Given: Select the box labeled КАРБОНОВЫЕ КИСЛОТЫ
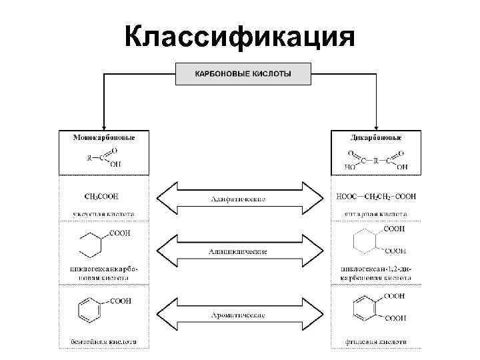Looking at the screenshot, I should click(243, 73).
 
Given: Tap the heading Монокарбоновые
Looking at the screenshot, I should click(103, 137).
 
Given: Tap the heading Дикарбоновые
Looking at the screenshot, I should click(376, 137).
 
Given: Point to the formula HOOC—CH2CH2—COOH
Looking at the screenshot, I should click(376, 197).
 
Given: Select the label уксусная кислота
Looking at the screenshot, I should click(103, 215).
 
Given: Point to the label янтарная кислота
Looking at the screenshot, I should click(376, 215).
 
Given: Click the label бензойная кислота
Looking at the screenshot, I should click(103, 341).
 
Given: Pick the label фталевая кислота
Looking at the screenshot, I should click(376, 341).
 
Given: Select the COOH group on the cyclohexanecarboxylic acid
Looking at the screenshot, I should click(120, 233).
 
